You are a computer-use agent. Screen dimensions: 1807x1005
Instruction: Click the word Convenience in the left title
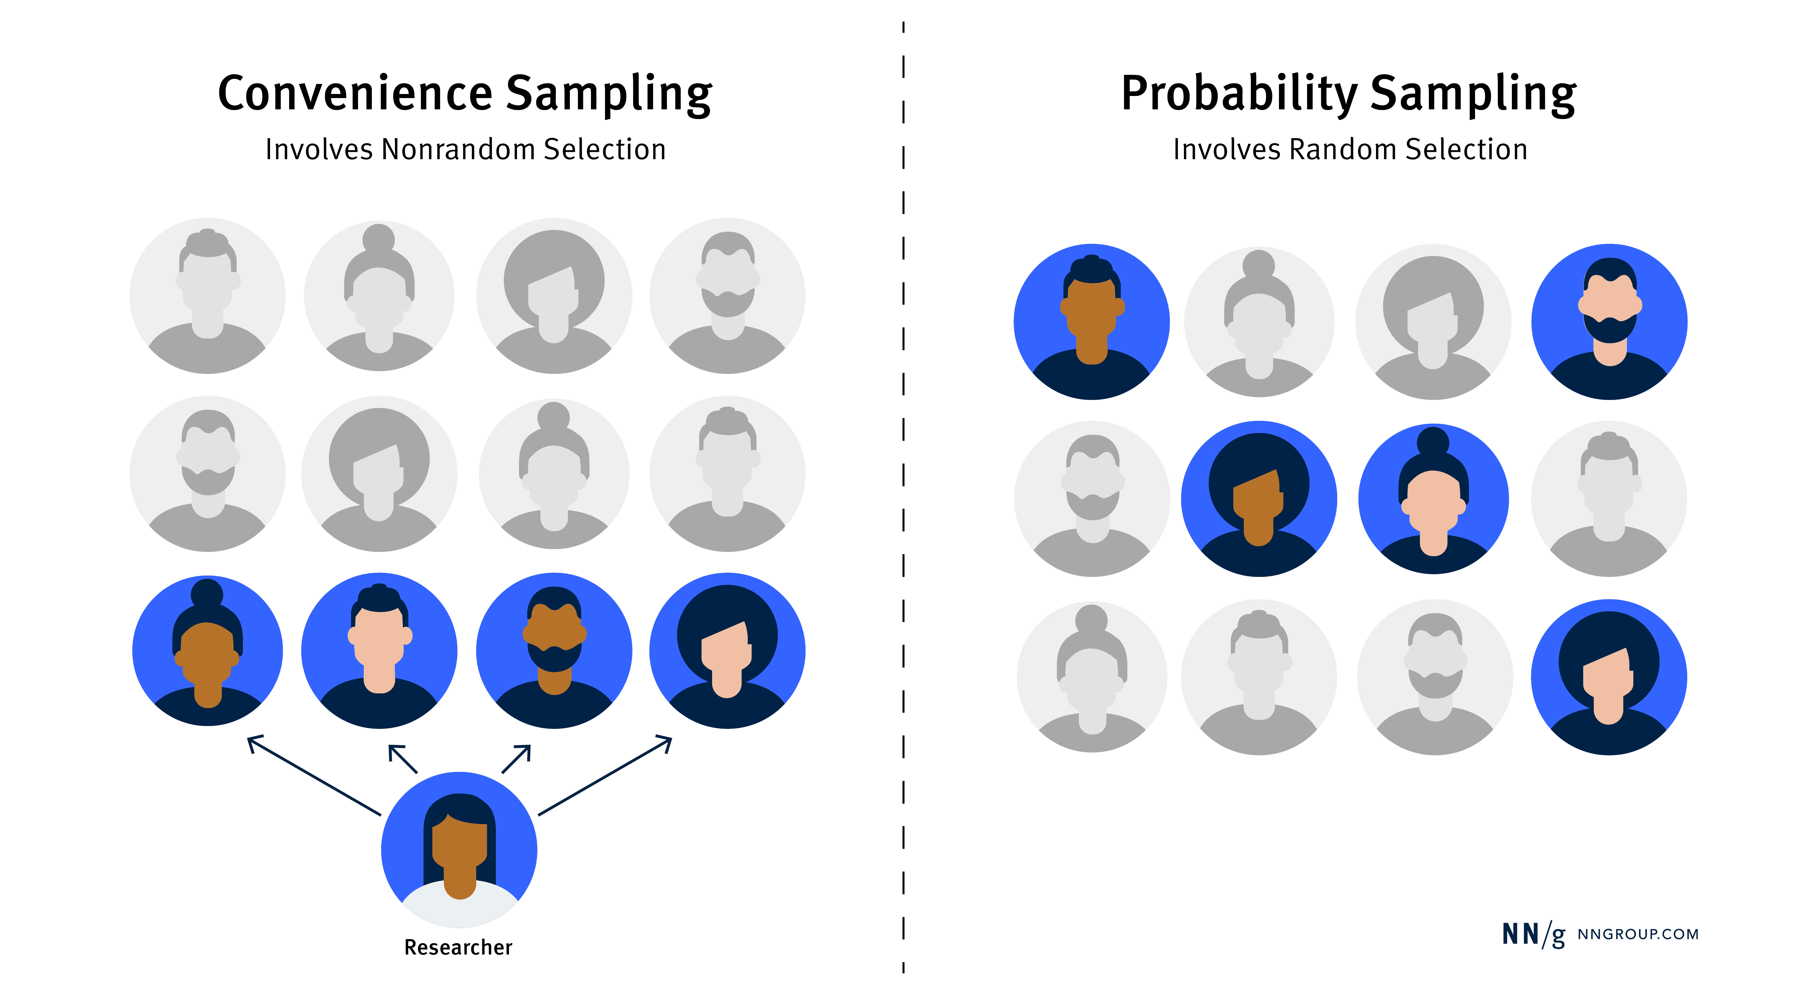point(356,93)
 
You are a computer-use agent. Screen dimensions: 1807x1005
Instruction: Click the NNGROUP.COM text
point(1638,934)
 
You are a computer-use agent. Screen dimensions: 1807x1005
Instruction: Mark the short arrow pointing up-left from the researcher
point(403,759)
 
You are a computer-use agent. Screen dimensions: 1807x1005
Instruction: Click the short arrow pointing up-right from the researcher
point(516,759)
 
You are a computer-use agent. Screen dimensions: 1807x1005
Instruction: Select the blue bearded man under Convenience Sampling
point(554,651)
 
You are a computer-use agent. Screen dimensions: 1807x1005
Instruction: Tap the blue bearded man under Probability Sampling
point(1609,322)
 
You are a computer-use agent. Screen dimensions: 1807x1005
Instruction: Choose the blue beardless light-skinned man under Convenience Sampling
point(379,651)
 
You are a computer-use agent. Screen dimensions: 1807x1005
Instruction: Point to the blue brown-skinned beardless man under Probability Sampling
point(1092,322)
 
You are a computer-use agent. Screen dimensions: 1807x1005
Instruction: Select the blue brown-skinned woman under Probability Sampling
point(1259,499)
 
